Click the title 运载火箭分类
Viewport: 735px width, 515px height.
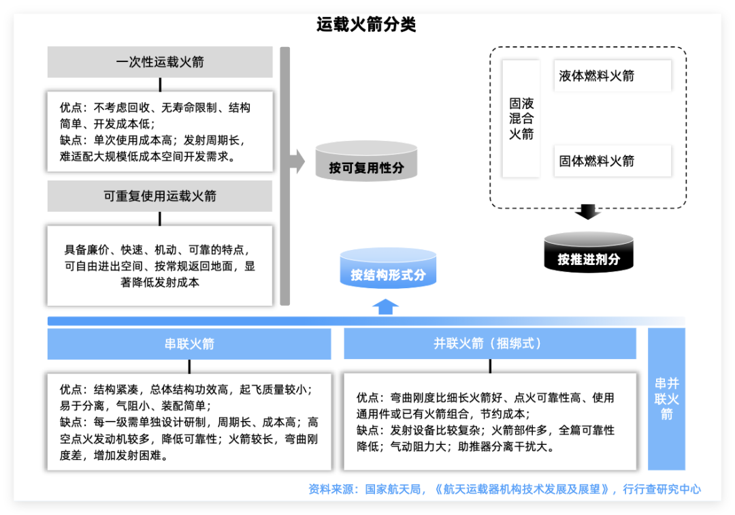pos(366,25)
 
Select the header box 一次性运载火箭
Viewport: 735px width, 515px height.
pos(160,62)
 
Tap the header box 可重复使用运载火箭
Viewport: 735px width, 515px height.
pos(160,196)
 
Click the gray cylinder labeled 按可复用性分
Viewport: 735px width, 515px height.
pos(366,163)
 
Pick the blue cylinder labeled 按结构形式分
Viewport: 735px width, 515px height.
pos(387,271)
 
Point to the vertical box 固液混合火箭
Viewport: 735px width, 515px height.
pos(521,119)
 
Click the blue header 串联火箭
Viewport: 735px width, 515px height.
pos(189,344)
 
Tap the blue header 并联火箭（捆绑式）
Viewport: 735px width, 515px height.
pos(489,344)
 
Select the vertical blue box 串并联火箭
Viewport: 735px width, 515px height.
pos(666,399)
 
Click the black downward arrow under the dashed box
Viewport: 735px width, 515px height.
pos(588,212)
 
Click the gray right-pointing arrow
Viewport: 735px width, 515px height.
pos(297,161)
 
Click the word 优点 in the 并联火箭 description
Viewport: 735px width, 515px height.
pos(369,398)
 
